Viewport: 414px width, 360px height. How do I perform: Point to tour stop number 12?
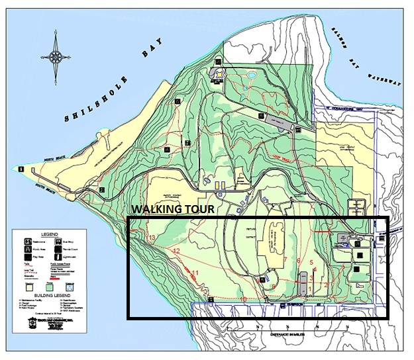click(176, 251)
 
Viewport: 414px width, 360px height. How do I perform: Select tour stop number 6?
click(299, 261)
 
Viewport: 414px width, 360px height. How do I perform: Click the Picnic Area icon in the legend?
click(27, 249)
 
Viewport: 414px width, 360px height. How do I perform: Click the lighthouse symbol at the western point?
click(21, 169)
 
